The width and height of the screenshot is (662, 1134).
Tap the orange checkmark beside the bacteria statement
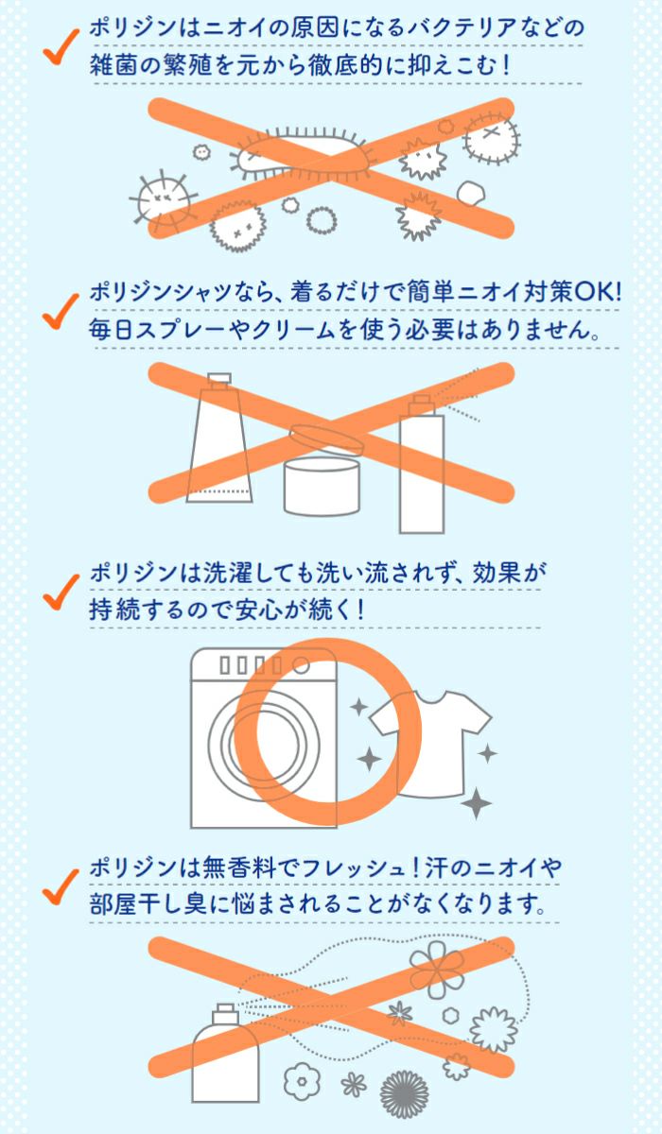[x=61, y=46]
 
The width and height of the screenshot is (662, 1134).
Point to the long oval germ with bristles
[x=305, y=153]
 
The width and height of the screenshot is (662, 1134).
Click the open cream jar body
[x=322, y=487]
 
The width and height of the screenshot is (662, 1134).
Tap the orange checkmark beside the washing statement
[x=61, y=592]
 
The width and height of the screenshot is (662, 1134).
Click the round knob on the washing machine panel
[x=301, y=665]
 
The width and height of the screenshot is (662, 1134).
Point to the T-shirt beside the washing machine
[x=430, y=744]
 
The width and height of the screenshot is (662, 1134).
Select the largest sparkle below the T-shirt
[x=476, y=802]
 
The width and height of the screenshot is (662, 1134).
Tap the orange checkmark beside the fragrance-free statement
[x=61, y=887]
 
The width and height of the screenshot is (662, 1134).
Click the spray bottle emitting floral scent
[x=226, y=1053]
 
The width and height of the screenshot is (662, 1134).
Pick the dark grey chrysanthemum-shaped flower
[x=404, y=1094]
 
